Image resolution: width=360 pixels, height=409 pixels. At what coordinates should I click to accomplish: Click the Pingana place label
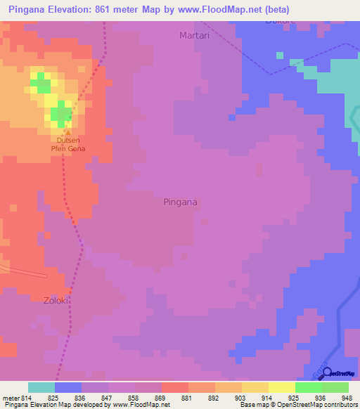[x=180, y=202]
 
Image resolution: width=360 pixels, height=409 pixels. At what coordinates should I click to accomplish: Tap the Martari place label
[x=195, y=35]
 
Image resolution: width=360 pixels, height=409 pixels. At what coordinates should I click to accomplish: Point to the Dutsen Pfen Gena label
[x=68, y=143]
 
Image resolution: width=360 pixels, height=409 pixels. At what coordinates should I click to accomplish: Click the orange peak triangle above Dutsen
[x=68, y=131]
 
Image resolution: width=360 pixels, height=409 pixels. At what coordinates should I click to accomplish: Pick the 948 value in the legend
[x=346, y=397]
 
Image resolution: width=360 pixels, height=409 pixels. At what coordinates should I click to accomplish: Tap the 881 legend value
[x=187, y=397]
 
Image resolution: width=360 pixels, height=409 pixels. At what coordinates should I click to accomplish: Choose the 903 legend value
[x=240, y=397]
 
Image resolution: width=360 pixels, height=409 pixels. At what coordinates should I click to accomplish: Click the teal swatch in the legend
[x=41, y=387]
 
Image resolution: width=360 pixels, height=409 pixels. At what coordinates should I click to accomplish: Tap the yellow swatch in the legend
[x=281, y=387]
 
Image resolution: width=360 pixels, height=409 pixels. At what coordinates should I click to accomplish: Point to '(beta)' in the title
[x=276, y=10]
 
